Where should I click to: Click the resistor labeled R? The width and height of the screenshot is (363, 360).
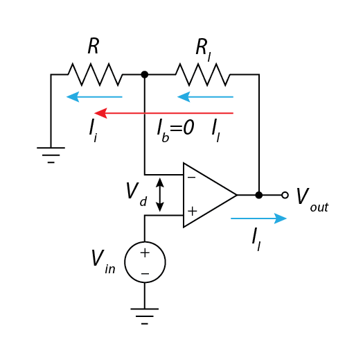pos(95,74)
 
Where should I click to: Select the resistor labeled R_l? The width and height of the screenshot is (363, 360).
pos(203,74)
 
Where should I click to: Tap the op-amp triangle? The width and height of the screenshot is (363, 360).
pos(209,195)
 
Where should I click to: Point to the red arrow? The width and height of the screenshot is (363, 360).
pos(163,113)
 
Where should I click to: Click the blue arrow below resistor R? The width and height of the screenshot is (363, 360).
pos(94,96)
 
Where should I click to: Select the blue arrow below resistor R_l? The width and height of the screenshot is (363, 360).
pos(205,96)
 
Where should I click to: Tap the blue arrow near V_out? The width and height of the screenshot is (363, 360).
pos(258,218)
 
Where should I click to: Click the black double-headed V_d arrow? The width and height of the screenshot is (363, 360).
pos(160,195)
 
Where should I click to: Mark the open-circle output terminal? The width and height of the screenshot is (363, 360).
pos(285,195)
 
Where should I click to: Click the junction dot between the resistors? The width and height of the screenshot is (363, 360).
pos(145,74)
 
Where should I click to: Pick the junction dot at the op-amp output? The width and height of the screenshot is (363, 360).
pos(259,195)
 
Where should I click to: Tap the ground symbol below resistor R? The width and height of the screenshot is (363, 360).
pos(51,155)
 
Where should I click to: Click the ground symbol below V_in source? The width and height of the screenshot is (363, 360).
pos(145,316)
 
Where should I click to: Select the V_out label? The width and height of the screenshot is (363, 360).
pos(312,200)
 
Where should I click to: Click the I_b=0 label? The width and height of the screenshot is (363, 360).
pos(175,130)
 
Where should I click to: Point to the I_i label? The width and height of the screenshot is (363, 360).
pos(93,131)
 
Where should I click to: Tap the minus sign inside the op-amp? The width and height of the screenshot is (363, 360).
pos(191,178)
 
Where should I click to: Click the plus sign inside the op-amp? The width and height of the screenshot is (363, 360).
pos(192,212)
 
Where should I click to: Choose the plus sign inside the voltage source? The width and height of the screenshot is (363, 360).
pos(145,253)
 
